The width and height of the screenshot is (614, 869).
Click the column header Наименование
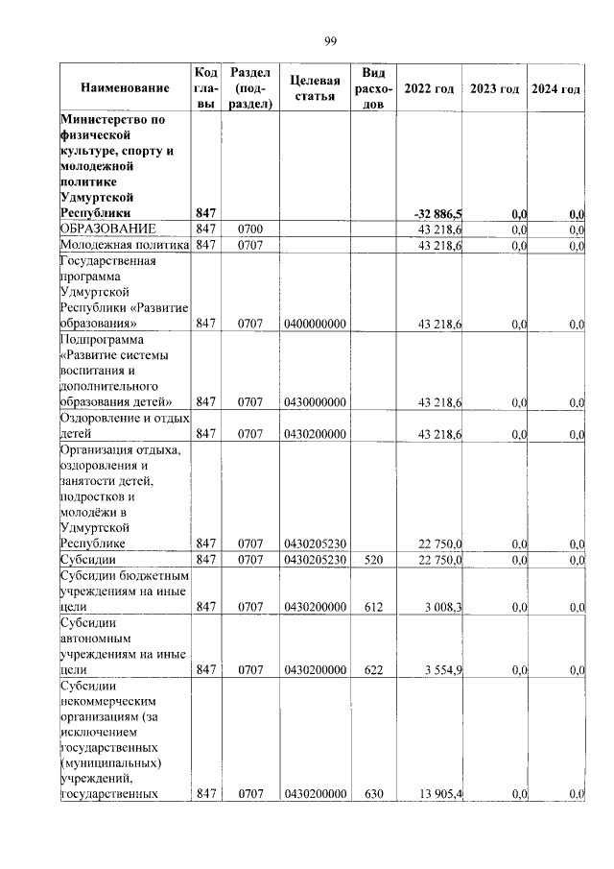point(125,89)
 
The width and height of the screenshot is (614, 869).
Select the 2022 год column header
point(429,89)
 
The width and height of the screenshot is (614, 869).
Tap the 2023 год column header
point(495,89)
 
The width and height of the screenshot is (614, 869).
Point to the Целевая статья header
point(316,89)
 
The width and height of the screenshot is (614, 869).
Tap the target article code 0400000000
point(315,325)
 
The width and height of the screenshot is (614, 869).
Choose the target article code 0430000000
point(315,401)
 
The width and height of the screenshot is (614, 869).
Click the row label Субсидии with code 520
point(87,559)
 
